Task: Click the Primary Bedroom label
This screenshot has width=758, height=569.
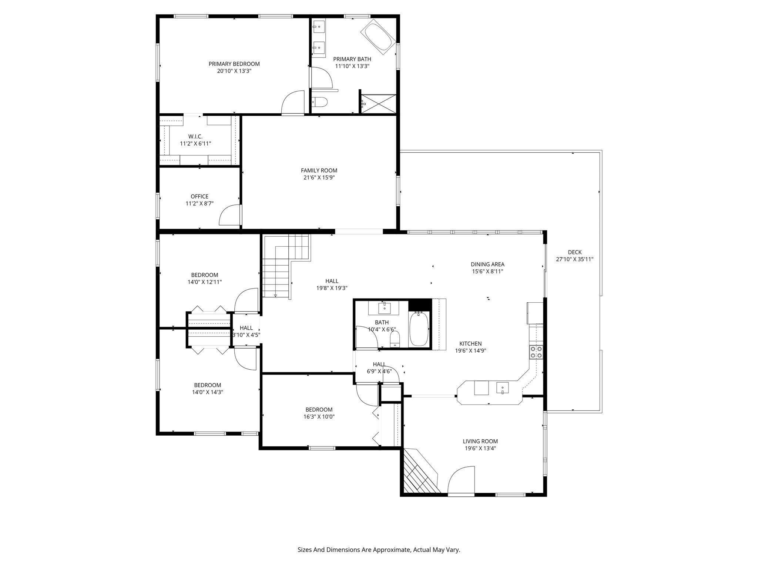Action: (234, 64)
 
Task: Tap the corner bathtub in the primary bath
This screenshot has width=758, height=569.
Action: (378, 37)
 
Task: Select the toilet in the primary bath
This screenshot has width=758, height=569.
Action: (319, 102)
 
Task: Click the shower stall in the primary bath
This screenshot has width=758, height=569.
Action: (378, 104)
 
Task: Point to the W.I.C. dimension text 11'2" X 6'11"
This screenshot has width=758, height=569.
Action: (195, 144)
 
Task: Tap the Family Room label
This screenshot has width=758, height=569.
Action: (319, 170)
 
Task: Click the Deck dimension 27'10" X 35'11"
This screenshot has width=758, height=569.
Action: (574, 259)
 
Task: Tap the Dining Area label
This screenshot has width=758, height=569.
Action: (487, 264)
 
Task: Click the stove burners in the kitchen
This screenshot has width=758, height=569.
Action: (536, 352)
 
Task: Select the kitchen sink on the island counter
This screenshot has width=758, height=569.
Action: (502, 388)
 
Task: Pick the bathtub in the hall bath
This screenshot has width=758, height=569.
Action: (419, 329)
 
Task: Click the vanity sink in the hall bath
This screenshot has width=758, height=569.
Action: (384, 308)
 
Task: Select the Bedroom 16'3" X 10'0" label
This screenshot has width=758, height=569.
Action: (319, 409)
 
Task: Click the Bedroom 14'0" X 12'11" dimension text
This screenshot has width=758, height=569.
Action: (205, 282)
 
